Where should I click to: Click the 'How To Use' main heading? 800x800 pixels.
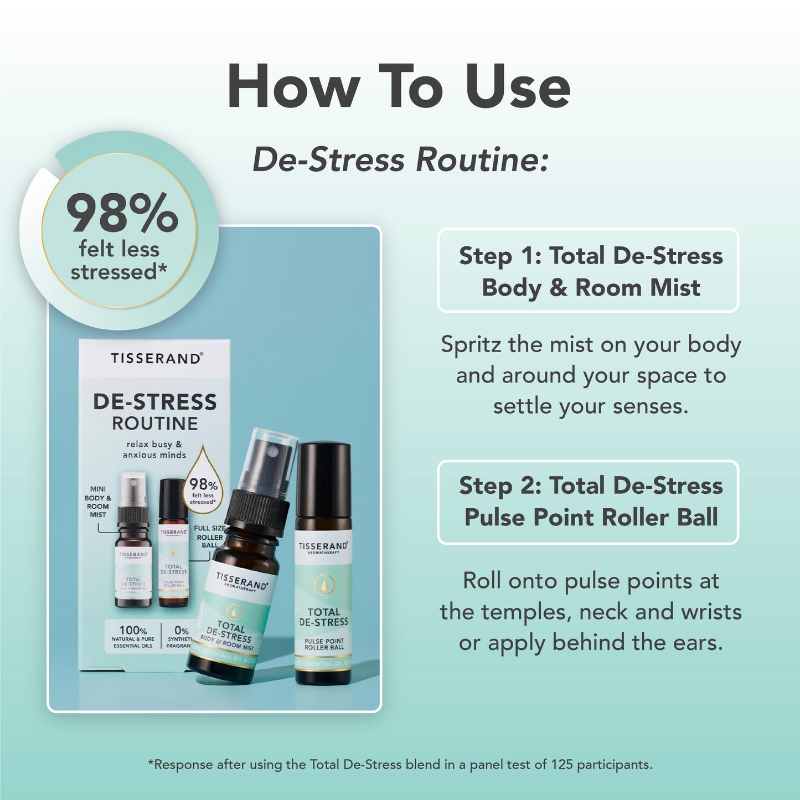399,87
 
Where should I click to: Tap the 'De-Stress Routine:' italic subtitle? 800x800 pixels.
400,160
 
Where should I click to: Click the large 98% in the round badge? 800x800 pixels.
122,213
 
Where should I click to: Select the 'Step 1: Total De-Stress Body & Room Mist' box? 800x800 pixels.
588,271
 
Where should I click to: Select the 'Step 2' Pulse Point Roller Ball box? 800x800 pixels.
588,502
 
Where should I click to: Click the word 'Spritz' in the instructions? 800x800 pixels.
471,345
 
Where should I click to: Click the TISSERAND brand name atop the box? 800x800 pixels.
156,358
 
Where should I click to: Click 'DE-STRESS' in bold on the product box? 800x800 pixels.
154,402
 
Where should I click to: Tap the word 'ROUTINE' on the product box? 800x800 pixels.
154,424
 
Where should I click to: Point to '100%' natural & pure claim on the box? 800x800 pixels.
133,630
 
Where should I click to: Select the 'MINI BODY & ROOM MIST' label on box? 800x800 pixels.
98,502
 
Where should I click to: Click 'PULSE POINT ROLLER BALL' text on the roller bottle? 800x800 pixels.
324,644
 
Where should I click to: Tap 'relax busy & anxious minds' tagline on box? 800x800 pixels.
154,450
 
